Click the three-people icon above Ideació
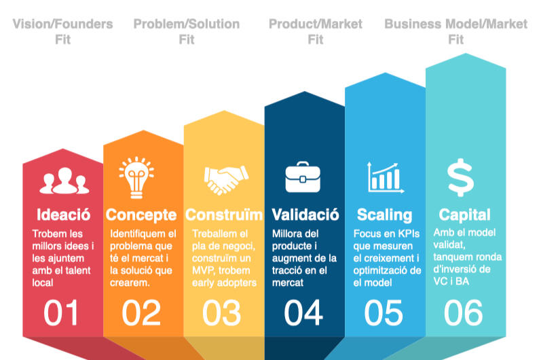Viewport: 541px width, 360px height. click(64, 181)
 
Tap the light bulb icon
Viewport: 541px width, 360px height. click(136, 177)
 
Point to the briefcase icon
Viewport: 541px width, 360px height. click(303, 177)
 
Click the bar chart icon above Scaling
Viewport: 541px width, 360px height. click(385, 178)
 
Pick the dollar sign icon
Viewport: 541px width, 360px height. click(460, 177)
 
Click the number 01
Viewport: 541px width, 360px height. click(60, 312)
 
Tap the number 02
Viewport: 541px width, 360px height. click(141, 312)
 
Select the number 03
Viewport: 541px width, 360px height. click(221, 312)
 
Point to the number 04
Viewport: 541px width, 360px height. click(303, 312)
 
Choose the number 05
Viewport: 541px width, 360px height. click(384, 312)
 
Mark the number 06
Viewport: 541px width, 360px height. click(464, 312)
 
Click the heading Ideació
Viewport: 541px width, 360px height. click(64, 215)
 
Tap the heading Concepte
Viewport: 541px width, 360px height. click(141, 215)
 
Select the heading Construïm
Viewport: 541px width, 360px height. click(224, 215)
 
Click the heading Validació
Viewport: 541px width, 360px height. click(305, 215)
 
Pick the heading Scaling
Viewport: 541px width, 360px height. click(385, 215)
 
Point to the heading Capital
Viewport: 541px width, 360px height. click(464, 215)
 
